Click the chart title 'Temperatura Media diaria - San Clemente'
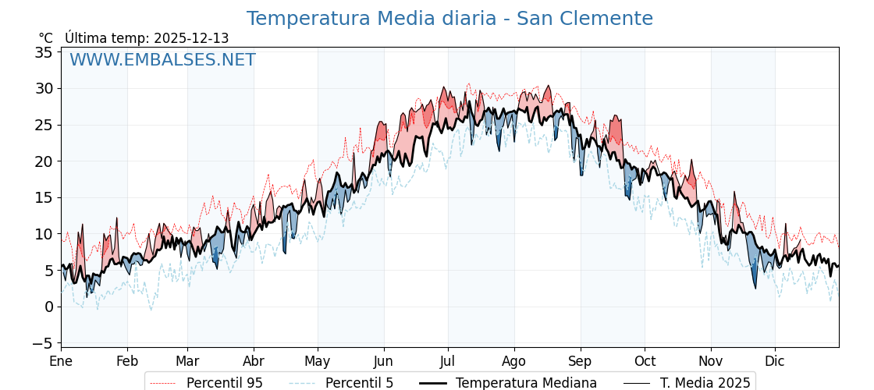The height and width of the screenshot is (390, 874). click(449, 19)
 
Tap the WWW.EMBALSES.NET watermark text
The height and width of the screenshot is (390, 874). click(162, 60)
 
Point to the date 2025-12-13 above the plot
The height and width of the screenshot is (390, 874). click(191, 38)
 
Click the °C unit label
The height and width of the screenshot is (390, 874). click(45, 38)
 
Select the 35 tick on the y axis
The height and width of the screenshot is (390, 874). click(44, 52)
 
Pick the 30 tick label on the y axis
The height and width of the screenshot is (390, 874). click(44, 89)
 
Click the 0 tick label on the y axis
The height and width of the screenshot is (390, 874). click(48, 307)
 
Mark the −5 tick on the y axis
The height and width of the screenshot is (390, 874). click(42, 343)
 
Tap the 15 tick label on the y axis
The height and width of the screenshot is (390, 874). click(44, 197)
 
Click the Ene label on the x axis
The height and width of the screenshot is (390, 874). click(61, 361)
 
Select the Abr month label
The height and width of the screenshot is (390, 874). click(254, 361)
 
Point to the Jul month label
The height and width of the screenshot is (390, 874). click(448, 361)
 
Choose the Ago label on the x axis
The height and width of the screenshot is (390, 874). click(514, 361)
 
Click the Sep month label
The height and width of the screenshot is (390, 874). click(581, 361)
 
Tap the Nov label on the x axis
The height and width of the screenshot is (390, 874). click(711, 361)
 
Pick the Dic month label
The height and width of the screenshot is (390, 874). click(775, 361)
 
